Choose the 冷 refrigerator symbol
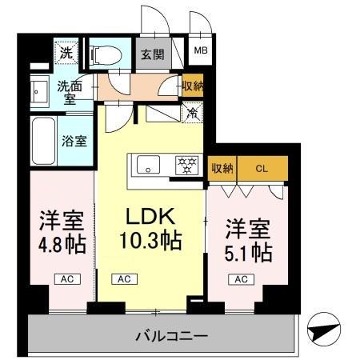coord(192,113)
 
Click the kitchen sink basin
coord(150,166)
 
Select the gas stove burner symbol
coord(187,166)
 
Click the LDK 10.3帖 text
coord(150,228)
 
